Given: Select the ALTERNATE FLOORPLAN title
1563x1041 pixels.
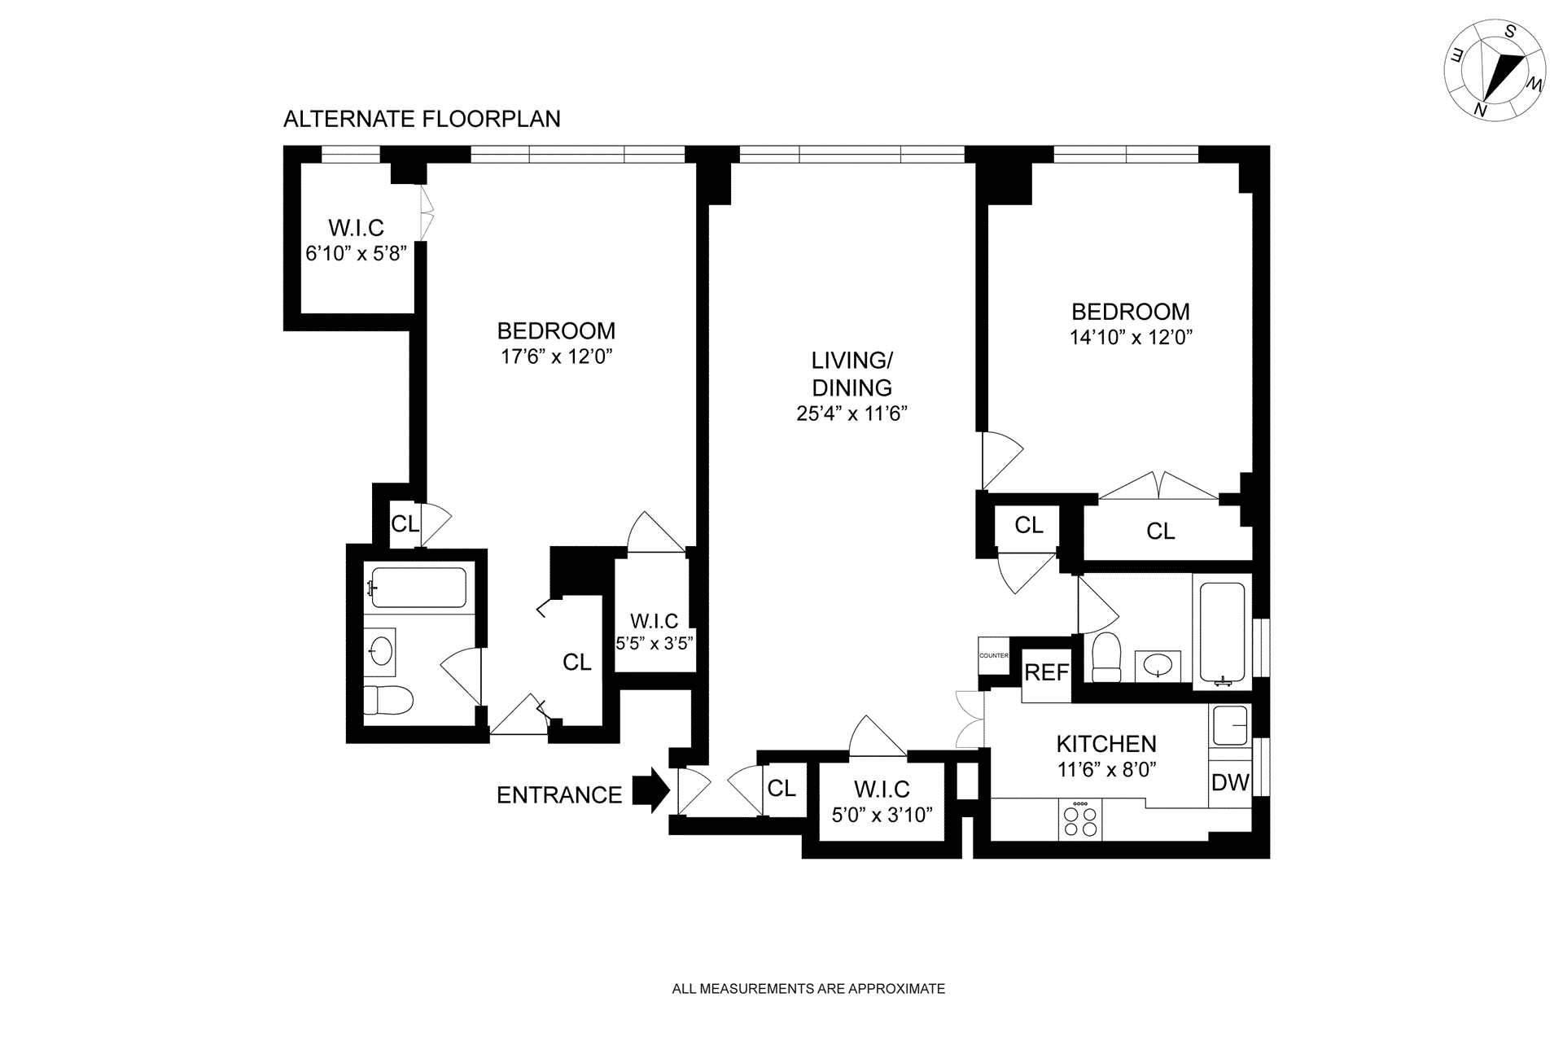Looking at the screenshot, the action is (x=422, y=119).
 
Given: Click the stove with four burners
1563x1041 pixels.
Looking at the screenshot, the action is (x=1079, y=819).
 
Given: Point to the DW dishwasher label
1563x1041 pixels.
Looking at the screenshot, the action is (x=1230, y=783).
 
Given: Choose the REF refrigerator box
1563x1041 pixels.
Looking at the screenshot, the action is (x=1046, y=673).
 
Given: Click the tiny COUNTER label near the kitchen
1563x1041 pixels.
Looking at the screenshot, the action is (x=993, y=655).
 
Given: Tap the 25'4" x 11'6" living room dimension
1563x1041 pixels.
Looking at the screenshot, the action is (x=852, y=413).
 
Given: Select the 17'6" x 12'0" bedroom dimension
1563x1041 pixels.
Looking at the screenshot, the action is (x=556, y=356).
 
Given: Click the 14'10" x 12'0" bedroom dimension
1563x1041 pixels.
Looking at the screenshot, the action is (x=1131, y=337).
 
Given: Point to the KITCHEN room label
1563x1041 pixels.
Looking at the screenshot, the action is (x=1106, y=743).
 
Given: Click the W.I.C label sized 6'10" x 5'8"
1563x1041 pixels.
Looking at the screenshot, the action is (x=356, y=228).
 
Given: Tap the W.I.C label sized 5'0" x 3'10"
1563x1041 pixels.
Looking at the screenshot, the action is (x=882, y=789).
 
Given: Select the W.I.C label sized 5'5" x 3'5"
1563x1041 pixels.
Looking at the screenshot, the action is (x=654, y=621).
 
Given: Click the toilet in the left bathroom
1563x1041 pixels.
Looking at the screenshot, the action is (x=388, y=699).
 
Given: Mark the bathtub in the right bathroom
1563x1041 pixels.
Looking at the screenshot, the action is (x=1222, y=632).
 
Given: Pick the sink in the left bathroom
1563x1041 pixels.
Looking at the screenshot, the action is (x=380, y=650).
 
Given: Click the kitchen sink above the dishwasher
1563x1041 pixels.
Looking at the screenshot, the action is (x=1229, y=724).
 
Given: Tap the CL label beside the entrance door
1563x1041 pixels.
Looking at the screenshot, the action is (x=781, y=788).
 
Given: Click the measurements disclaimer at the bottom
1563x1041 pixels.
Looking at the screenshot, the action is (x=808, y=989).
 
